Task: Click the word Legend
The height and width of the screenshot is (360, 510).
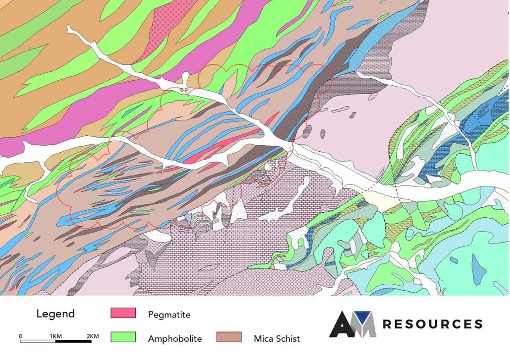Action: (x=55, y=314)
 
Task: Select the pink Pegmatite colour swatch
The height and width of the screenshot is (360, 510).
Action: (x=123, y=313)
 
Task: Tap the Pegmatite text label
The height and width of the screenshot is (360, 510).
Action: (x=169, y=315)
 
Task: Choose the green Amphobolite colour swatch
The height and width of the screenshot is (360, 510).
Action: (x=123, y=337)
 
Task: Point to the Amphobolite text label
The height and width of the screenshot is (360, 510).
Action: (x=175, y=339)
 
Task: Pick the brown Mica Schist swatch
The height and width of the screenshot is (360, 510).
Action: (x=229, y=337)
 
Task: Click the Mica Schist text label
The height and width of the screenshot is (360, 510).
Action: (x=277, y=339)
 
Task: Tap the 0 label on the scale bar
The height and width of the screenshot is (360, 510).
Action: (x=21, y=336)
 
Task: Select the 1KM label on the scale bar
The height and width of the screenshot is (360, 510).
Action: (x=55, y=336)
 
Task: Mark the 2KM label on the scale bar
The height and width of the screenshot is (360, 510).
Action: (x=92, y=336)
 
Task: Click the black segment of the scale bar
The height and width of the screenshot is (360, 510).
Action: (x=73, y=342)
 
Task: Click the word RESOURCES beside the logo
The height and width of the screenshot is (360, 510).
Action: (x=432, y=324)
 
